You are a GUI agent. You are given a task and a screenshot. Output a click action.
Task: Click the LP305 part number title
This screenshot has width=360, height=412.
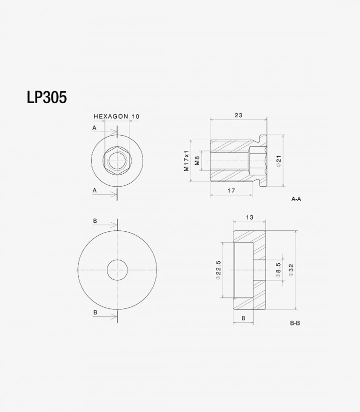46,97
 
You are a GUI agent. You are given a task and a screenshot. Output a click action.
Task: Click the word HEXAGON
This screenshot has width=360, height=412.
111,117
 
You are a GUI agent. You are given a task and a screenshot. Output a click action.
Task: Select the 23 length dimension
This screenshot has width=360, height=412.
238,115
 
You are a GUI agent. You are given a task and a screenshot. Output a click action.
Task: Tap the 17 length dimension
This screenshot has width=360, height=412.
231,191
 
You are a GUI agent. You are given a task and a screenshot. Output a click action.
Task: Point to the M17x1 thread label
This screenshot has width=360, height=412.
186,161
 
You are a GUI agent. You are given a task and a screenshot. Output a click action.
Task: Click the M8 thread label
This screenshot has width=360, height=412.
197,161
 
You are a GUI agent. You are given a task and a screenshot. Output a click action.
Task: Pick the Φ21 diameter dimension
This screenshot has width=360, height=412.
278,161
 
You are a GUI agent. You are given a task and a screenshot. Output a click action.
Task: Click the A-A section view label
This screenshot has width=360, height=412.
296,199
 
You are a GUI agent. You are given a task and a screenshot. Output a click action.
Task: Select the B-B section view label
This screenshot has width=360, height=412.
295,323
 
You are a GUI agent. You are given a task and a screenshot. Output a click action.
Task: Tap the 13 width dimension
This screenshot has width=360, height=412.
250,217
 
